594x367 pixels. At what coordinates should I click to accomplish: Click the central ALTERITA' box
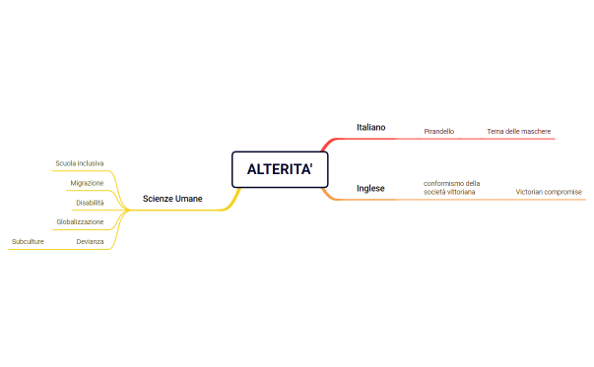point(280,169)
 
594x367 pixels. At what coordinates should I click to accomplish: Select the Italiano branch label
point(370,127)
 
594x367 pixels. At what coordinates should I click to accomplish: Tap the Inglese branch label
point(370,188)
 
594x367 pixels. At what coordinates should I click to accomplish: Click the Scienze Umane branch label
point(172,199)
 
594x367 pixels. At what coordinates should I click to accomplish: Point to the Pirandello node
point(438,131)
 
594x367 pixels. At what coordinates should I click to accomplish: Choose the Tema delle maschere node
point(518,131)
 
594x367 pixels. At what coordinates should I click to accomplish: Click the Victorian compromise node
point(549,191)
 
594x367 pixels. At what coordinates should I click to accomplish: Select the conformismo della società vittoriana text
point(451,187)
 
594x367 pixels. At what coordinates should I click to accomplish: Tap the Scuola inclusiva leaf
point(80,162)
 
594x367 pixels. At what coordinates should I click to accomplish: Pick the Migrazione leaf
point(87,183)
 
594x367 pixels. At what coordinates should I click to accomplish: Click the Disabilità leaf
point(90,203)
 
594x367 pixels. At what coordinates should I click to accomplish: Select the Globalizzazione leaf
point(80,221)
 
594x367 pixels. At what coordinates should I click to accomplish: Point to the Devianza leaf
point(90,241)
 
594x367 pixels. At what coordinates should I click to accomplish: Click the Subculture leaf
point(29,241)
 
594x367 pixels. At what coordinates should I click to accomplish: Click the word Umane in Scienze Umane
point(189,199)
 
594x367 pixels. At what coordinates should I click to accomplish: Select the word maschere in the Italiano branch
point(535,131)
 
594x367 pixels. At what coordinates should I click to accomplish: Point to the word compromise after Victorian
point(564,191)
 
